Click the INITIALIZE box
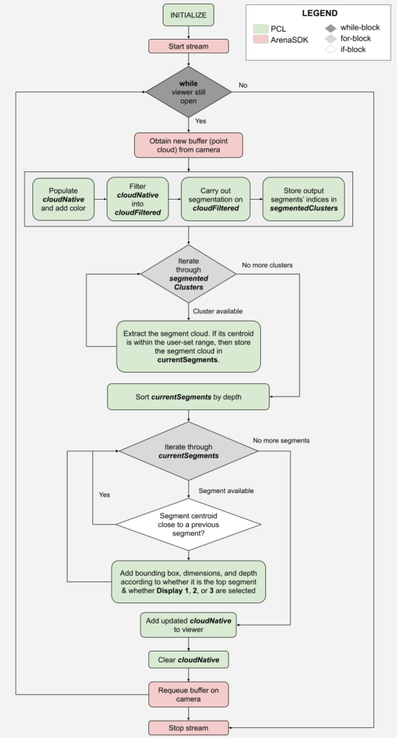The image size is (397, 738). point(188,15)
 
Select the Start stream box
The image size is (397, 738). point(188,46)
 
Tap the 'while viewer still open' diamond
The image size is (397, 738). point(188,92)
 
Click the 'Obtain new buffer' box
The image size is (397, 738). point(188,144)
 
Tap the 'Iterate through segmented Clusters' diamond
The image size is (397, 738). point(188,274)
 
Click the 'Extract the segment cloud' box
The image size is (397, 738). point(188,346)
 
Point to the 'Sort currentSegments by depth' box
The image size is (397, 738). point(188,395)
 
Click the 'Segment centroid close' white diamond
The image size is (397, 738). point(188,525)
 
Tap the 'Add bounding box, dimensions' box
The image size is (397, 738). point(188,582)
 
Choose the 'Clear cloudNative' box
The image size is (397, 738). point(188,659)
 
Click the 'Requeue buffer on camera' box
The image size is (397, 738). point(188,694)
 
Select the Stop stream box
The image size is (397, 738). point(188,728)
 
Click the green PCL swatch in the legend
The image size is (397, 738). point(262,28)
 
